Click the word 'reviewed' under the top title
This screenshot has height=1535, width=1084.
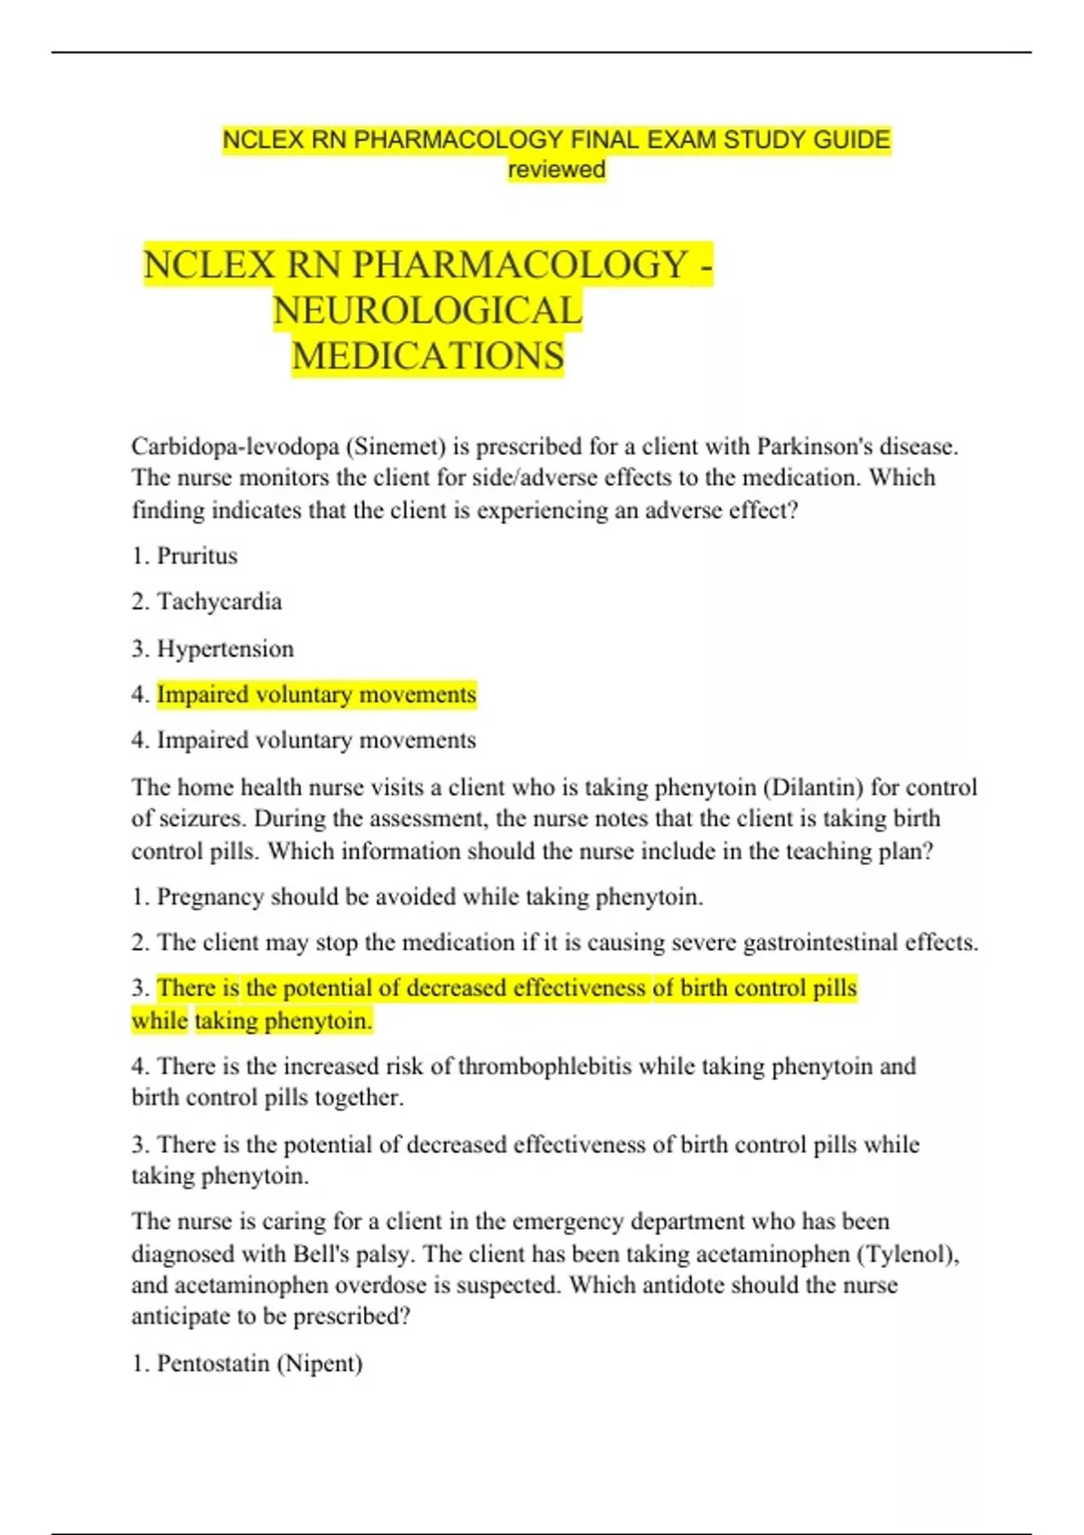[556, 169]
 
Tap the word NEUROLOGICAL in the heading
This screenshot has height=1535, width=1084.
[427, 311]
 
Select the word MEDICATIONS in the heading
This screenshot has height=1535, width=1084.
[427, 356]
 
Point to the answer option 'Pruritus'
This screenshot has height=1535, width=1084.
[197, 555]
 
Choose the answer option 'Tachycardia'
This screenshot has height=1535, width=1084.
[220, 601]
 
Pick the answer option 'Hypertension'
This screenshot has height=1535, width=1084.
[225, 648]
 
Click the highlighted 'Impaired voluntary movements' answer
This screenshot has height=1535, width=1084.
[316, 694]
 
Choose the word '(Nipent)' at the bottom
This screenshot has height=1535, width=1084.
[320, 1363]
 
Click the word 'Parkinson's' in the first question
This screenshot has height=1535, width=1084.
[815, 446]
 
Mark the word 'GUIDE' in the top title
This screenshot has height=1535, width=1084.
[851, 140]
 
